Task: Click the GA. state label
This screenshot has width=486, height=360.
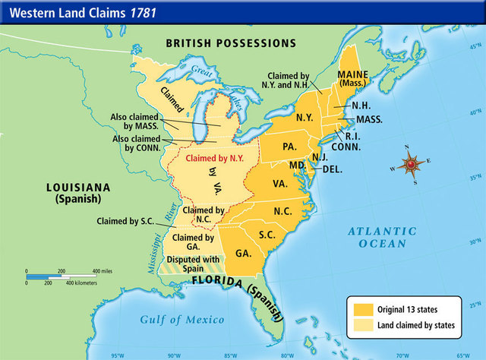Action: pyautogui.click(x=244, y=253)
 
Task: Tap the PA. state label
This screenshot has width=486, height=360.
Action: pyautogui.click(x=289, y=145)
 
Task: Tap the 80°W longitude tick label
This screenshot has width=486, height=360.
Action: pyautogui.click(x=286, y=355)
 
